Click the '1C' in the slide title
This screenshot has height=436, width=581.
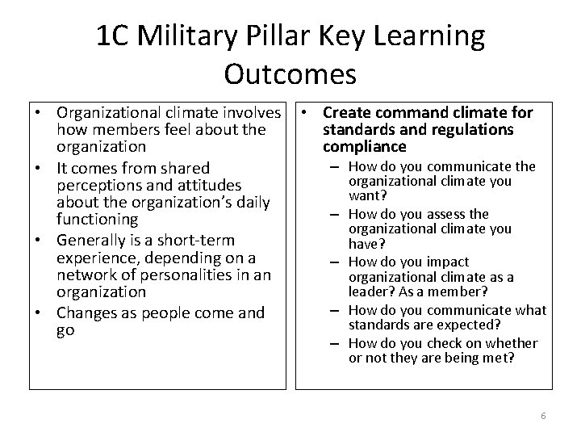(x=114, y=36)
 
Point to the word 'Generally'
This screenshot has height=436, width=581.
(x=89, y=240)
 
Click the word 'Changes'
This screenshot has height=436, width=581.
(x=84, y=312)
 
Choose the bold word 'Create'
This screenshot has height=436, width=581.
(x=345, y=113)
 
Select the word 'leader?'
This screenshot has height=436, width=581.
(x=371, y=291)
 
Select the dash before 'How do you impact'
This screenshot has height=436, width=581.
(x=335, y=262)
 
